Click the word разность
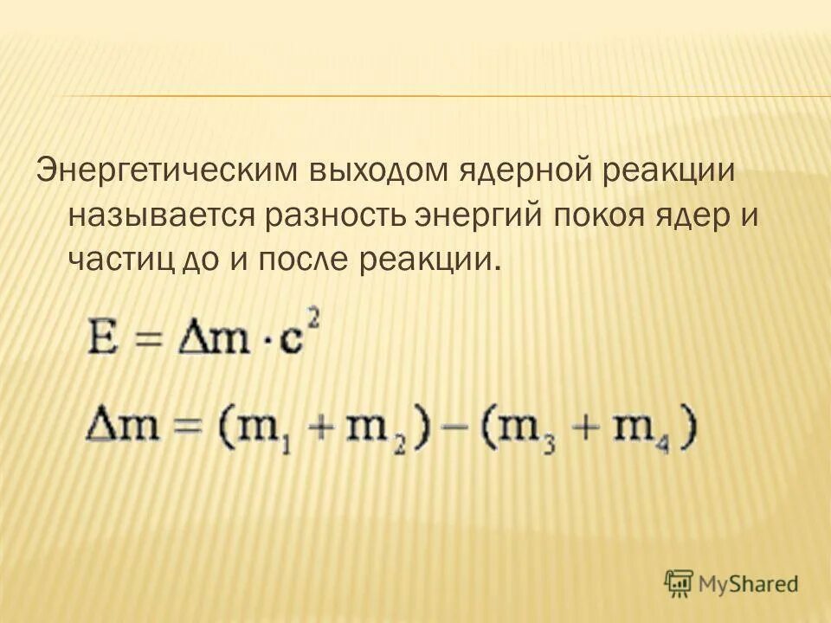coord(339,215)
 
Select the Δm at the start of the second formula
coord(119,427)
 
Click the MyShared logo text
coord(750,584)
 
